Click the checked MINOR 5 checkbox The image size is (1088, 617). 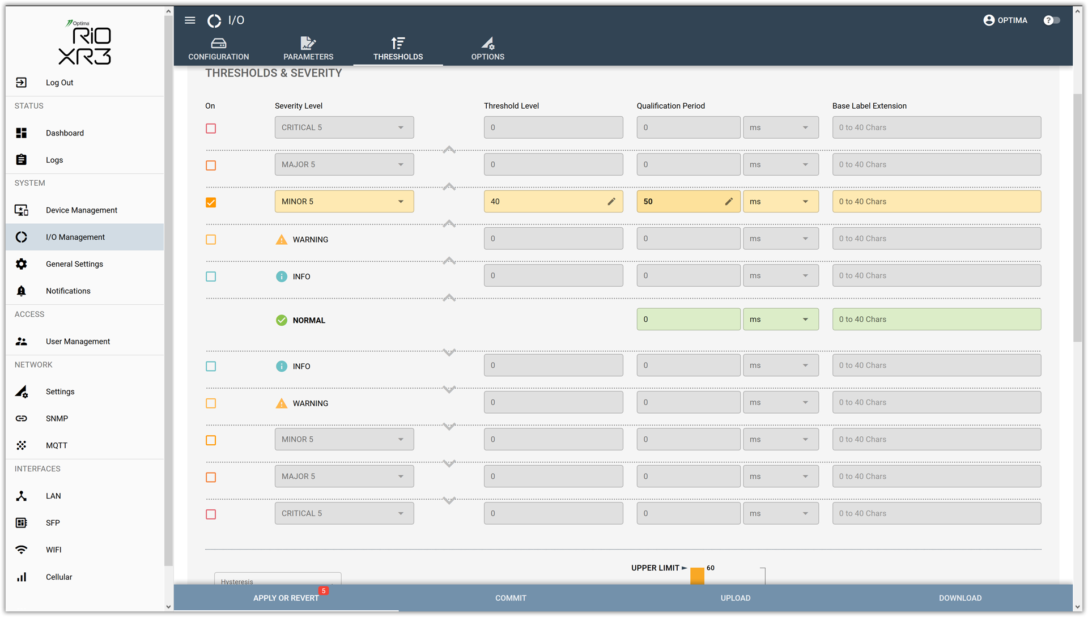pos(211,202)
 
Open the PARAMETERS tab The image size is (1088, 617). pos(308,49)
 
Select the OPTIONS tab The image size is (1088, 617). pos(488,49)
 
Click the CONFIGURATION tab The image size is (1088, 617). pos(219,49)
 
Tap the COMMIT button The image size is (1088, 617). pos(511,598)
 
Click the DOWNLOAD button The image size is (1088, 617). pos(960,598)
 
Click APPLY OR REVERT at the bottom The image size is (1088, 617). pos(286,598)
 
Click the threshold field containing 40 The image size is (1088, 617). pos(553,202)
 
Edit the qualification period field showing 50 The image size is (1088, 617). pos(688,202)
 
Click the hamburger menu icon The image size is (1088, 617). pos(190,20)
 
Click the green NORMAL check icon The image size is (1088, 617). pos(281,320)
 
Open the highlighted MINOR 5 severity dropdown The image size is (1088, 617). pos(344,202)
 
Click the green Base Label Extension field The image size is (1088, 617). pos(936,320)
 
